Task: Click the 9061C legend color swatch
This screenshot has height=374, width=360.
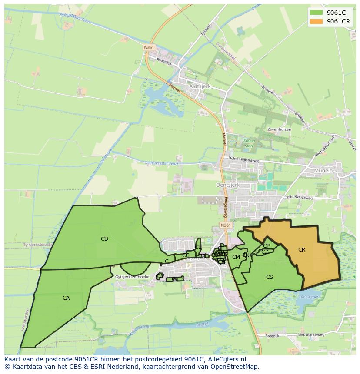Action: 316,13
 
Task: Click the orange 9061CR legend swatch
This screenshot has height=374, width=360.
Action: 316,21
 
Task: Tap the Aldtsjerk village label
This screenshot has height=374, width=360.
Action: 200,86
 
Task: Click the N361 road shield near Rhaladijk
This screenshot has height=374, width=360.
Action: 149,47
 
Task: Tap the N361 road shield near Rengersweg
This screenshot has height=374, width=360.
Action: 225,225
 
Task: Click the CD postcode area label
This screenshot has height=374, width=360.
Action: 104,238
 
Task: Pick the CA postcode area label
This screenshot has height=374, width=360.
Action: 66,298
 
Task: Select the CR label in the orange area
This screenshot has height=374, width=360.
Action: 302,249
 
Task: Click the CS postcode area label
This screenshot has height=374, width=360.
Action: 270,277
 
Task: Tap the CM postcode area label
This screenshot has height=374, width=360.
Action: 236,257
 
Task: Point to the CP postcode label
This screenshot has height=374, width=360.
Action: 266,245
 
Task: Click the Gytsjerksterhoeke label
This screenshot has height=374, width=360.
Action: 133,277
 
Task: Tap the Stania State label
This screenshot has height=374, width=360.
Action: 249,144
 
